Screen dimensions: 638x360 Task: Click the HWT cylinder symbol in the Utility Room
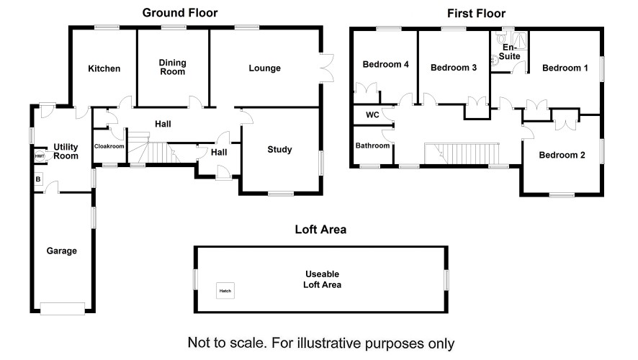[39, 156]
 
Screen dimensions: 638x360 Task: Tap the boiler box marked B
[38, 179]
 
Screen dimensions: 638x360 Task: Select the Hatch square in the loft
[225, 291]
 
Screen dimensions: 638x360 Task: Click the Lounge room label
[264, 68]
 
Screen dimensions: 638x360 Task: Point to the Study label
[279, 149]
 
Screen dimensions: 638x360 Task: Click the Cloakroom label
[109, 146]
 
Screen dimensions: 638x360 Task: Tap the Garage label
[61, 251]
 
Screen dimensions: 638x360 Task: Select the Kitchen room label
[104, 68]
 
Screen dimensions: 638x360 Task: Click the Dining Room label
[173, 67]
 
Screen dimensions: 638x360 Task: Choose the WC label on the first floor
[372, 114]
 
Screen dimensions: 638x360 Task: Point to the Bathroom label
[372, 145]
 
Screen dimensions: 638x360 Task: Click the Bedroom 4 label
[385, 64]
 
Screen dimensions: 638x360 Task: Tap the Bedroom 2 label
[562, 155]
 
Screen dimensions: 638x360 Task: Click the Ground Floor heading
[180, 13]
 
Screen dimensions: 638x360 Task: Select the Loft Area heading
[320, 230]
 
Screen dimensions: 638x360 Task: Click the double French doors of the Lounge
[327, 68]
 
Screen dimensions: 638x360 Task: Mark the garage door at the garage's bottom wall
[63, 308]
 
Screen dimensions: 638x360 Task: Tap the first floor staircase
[462, 153]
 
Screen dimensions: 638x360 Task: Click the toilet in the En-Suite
[501, 38]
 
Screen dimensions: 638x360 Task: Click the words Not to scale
[227, 343]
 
